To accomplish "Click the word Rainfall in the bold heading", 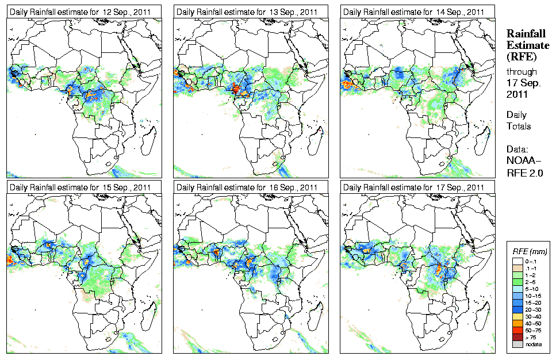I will [526, 34].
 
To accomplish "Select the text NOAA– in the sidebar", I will [523, 160].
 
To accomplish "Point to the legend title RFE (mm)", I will [530, 252].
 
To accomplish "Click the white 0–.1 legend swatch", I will [516, 260].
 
